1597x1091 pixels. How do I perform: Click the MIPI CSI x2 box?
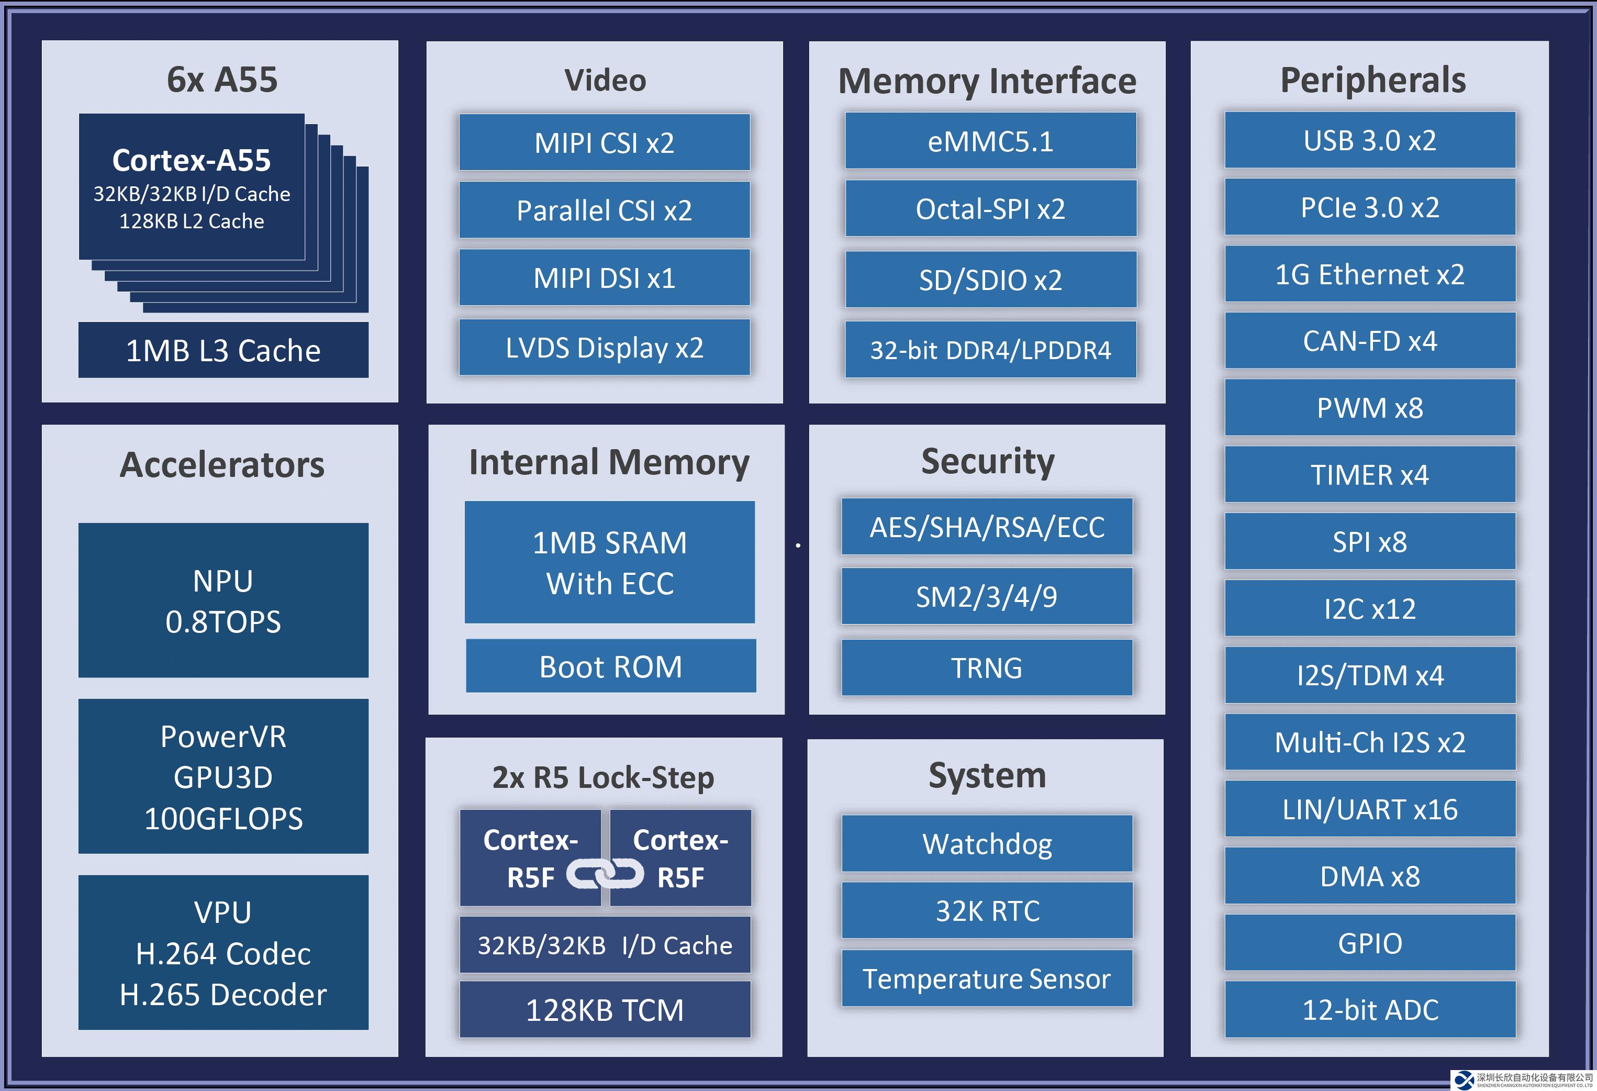tap(604, 142)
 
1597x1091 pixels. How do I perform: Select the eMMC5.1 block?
tap(990, 141)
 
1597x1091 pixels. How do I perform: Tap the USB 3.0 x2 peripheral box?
tap(1369, 140)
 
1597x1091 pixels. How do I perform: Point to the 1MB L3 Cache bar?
tap(224, 350)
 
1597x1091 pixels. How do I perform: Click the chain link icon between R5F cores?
tap(605, 874)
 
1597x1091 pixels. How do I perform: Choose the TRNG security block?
tap(987, 667)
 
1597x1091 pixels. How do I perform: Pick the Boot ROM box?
tap(611, 666)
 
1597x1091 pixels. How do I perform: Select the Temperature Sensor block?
tap(987, 978)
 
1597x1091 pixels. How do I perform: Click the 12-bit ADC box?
tap(1369, 1009)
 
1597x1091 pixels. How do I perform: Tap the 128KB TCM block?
tap(605, 1009)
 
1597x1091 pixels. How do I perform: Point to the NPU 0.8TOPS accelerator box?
tap(224, 600)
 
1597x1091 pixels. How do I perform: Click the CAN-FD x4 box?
tap(1369, 341)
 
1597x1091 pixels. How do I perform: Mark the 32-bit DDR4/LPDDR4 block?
tap(990, 350)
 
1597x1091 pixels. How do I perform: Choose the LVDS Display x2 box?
tap(604, 347)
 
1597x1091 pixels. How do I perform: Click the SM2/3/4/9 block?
tap(987, 596)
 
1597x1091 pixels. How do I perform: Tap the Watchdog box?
tap(987, 843)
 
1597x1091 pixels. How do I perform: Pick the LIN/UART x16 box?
tap(1369, 809)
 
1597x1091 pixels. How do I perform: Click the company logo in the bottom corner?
tap(1465, 1080)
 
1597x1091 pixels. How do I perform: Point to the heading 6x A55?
tap(222, 80)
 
